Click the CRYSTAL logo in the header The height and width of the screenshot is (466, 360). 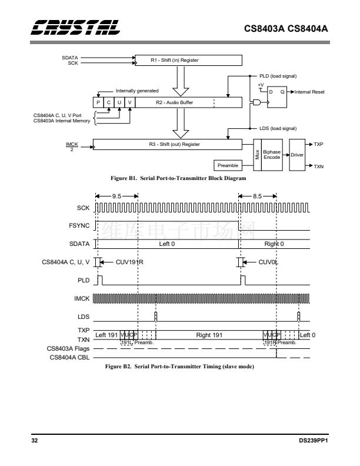pos(75,27)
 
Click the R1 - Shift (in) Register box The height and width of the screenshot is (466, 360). pos(188,60)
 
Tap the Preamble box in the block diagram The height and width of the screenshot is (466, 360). pos(228,166)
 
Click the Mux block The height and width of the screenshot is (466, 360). pos(257,155)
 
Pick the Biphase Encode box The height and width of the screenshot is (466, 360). pos(271,155)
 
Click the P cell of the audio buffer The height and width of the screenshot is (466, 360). pos(99,102)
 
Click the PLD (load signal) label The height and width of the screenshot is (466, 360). pos(278,76)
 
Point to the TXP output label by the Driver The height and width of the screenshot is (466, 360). pos(319,144)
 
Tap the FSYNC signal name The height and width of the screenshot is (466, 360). pos(79,225)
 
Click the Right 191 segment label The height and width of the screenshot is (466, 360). pos(209,335)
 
